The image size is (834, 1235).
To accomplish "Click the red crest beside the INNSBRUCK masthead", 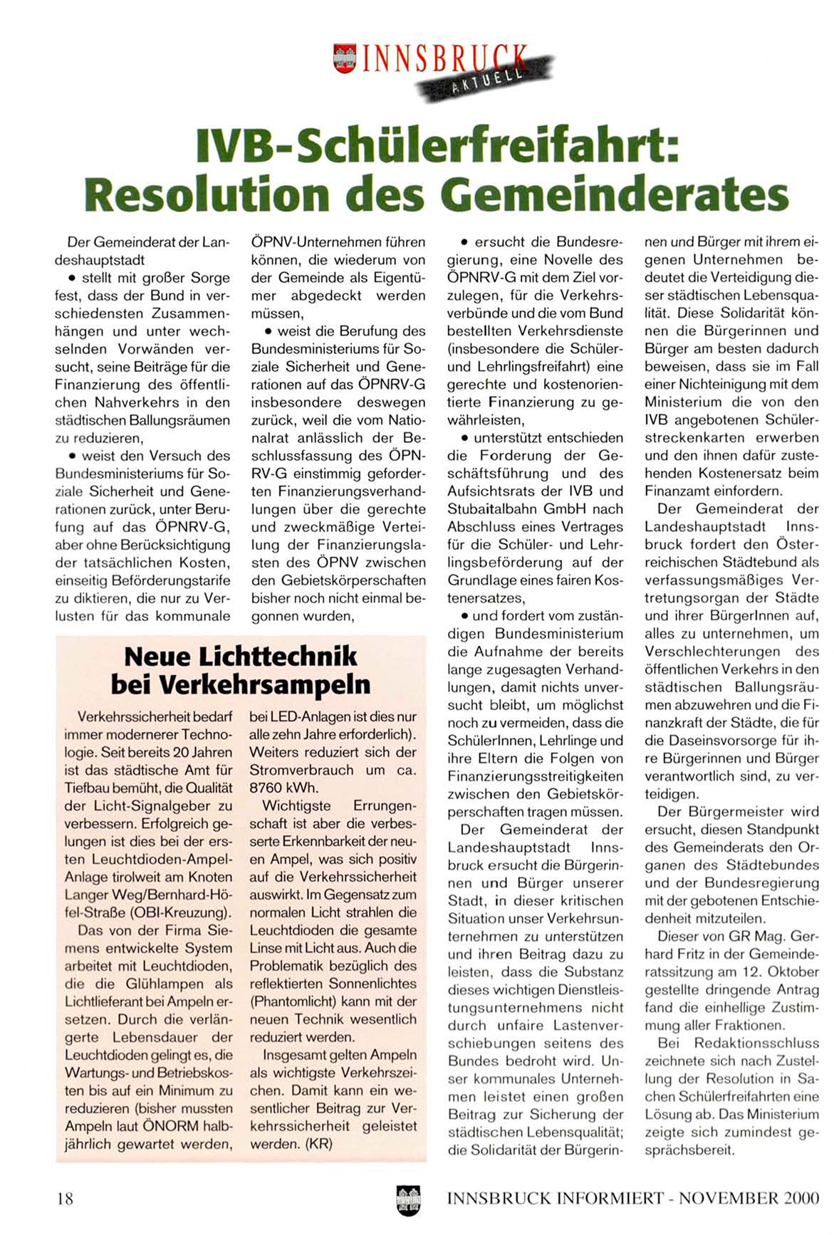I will [x=345, y=58].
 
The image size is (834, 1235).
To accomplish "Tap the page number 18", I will [x=65, y=1198].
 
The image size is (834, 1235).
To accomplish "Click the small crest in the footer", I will [x=408, y=1199].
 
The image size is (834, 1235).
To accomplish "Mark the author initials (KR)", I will [x=317, y=1145].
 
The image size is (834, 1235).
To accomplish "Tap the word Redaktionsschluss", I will [x=746, y=1043].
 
